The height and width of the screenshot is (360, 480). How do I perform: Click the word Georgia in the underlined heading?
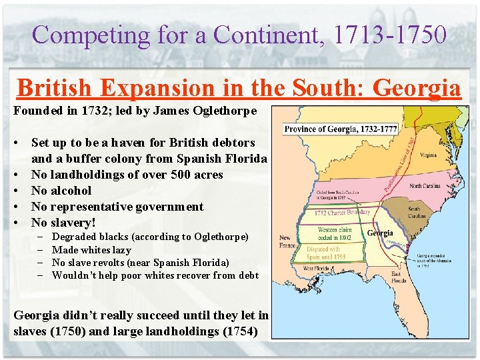point(417,88)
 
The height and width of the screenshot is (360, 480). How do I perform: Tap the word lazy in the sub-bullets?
point(121,250)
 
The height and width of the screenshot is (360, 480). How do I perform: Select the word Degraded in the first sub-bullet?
point(73,237)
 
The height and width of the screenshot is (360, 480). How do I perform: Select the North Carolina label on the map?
point(424,186)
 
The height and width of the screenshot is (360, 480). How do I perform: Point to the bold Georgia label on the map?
point(379,233)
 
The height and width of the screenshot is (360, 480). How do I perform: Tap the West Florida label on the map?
point(317,268)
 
